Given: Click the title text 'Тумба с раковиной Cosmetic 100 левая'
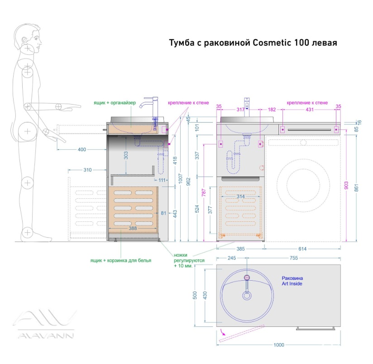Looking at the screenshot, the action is pyautogui.click(x=253, y=43).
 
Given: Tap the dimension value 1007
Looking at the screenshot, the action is pyautogui.click(x=180, y=178).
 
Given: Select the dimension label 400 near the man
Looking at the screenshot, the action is pyautogui.click(x=82, y=150).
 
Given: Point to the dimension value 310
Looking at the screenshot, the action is pyautogui.click(x=87, y=170).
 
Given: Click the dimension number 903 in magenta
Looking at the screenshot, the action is pyautogui.click(x=346, y=185).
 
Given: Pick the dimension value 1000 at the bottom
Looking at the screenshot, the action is pyautogui.click(x=279, y=345).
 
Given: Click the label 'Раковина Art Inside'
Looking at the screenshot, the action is pyautogui.click(x=292, y=281).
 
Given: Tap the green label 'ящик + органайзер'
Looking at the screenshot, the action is pyautogui.click(x=115, y=103).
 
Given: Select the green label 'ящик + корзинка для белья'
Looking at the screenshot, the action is pyautogui.click(x=120, y=260).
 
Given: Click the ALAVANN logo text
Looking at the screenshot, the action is pyautogui.click(x=46, y=335).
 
